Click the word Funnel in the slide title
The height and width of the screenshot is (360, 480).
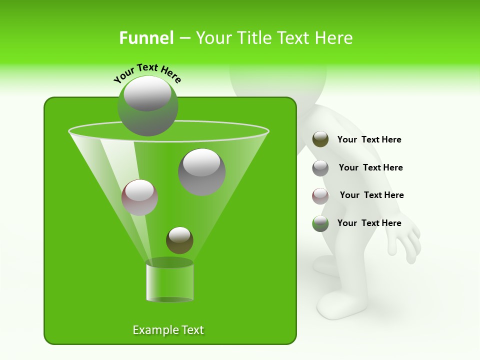point(146,38)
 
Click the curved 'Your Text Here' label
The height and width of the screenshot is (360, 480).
point(147,73)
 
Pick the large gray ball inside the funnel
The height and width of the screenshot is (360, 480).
point(201,171)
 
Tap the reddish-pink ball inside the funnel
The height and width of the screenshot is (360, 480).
point(140,197)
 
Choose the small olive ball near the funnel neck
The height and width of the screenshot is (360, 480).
point(179,240)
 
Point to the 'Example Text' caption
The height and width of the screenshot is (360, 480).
point(168,330)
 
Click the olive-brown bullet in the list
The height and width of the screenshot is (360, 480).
point(320,139)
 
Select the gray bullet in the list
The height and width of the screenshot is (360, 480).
point(320,168)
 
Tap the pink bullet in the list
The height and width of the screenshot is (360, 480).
point(320,195)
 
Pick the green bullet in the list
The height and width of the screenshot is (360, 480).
point(320,223)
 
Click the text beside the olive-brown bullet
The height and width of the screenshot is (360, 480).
point(369,140)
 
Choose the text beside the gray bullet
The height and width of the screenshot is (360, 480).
point(370,168)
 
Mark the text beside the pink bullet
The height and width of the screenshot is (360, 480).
point(371,195)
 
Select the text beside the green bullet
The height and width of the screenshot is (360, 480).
point(369,223)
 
